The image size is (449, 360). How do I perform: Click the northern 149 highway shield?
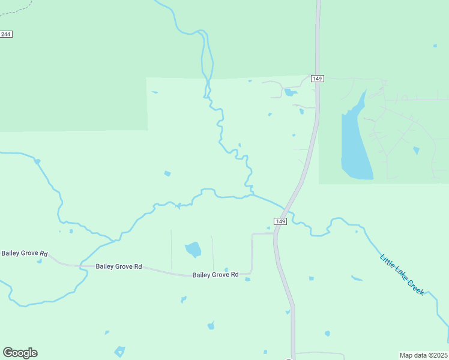tap(318, 79)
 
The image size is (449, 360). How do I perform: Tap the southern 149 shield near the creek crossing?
tap(280, 221)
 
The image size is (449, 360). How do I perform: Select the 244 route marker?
tap(6, 34)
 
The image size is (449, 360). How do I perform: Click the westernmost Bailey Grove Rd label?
tap(24, 253)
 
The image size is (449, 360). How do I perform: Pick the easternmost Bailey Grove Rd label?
tap(215, 275)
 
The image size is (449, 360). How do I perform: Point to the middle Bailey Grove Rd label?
tap(119, 266)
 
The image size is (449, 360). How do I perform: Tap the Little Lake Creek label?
tap(402, 274)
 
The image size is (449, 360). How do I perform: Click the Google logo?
tap(20, 353)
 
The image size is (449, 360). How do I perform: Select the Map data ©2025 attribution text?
tap(424, 355)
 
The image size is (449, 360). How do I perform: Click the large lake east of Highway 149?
tap(354, 144)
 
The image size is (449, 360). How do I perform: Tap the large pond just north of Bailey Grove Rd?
tap(193, 248)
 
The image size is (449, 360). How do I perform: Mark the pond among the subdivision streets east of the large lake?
tap(416, 150)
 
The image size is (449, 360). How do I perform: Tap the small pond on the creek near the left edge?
tap(37, 161)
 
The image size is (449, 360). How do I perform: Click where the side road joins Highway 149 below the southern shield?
tap(274, 234)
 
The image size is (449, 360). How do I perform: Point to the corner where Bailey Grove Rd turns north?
tap(251, 273)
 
